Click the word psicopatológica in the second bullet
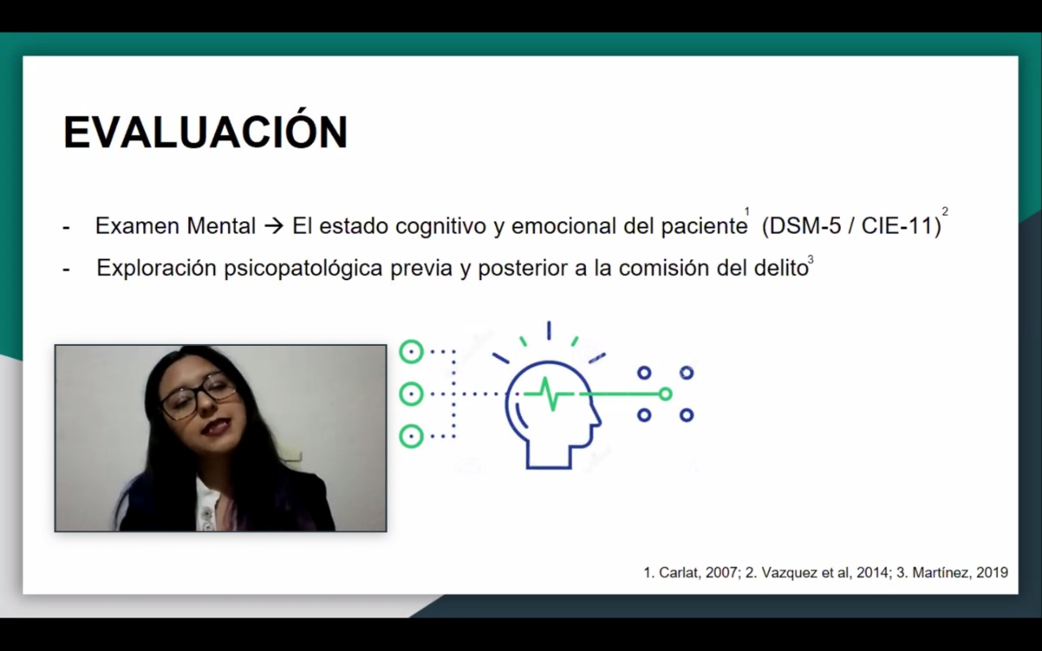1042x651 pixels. point(304,269)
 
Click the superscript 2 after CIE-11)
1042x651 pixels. point(945,212)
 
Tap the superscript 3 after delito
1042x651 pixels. point(811,259)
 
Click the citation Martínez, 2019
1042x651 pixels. point(960,572)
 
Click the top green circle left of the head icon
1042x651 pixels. point(411,352)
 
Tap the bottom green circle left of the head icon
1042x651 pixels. point(411,436)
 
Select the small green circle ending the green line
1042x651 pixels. point(666,395)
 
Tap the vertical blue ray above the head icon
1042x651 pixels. point(549,330)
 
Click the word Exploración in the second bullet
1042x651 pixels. point(156,269)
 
